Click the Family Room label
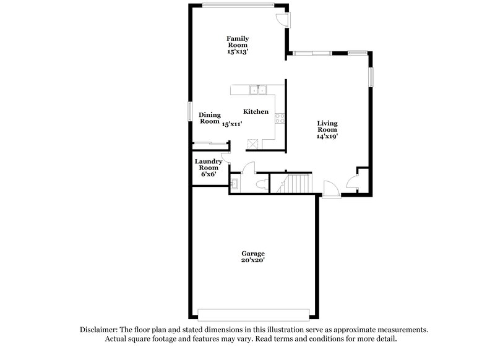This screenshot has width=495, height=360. click(237, 41)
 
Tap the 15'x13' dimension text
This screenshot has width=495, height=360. click(237, 52)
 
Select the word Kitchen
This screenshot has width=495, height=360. click(256, 111)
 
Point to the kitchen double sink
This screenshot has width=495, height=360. click(258, 90)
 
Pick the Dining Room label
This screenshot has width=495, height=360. click(210, 118)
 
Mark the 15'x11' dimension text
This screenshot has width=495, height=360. click(232, 124)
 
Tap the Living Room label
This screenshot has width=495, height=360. click(327, 127)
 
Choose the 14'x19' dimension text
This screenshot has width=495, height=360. click(327, 136)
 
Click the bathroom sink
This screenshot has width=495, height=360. click(235, 184)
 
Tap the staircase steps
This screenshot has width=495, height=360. click(298, 184)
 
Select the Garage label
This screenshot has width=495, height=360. click(253, 254)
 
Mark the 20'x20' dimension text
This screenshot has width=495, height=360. click(253, 260)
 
